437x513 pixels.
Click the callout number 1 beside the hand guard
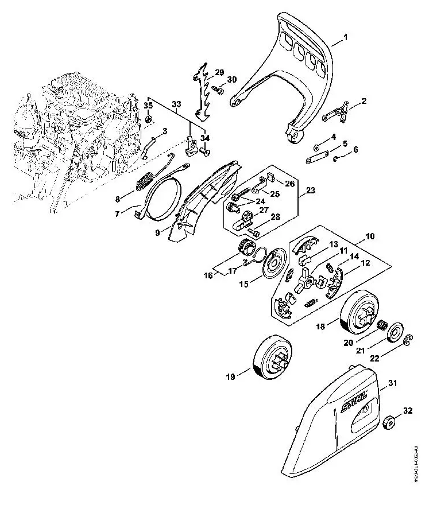point(346,38)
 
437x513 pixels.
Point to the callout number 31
point(392,383)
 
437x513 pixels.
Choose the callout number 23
point(311,190)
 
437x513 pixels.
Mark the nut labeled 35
point(148,119)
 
